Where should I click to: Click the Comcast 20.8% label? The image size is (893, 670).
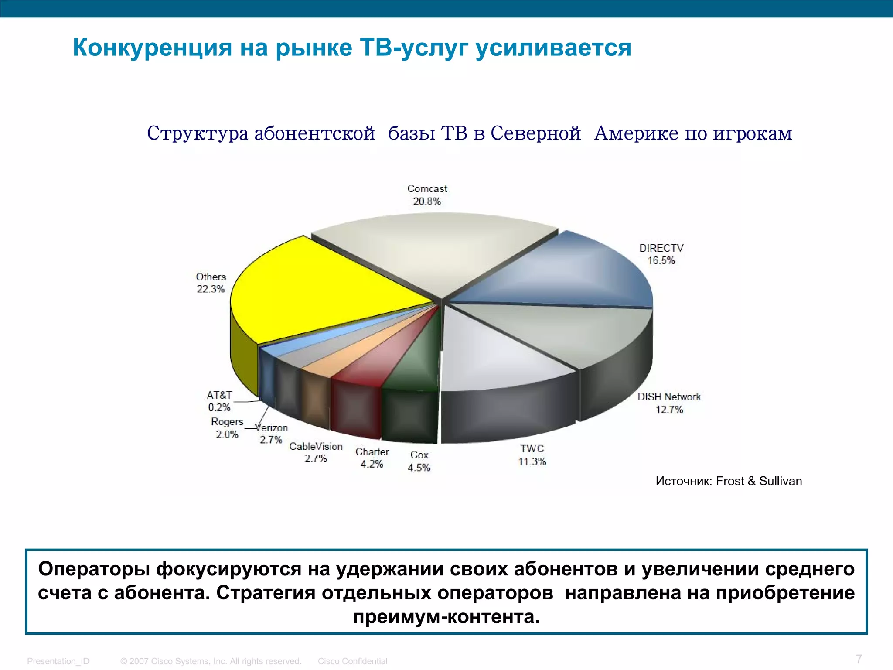click(x=427, y=195)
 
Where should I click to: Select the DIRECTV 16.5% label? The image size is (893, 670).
click(x=661, y=254)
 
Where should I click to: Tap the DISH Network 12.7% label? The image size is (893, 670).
click(x=669, y=403)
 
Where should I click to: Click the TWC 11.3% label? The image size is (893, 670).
click(x=532, y=455)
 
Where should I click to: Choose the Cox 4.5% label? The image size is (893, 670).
click(x=419, y=461)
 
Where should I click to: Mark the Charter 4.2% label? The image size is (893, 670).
click(x=372, y=458)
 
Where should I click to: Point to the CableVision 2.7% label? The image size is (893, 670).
click(x=316, y=452)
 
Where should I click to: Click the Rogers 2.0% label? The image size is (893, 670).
click(x=227, y=428)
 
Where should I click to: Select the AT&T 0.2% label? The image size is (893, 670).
click(x=219, y=401)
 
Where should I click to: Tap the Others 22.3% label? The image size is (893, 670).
click(x=211, y=283)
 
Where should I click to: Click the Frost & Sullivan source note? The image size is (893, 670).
click(x=729, y=481)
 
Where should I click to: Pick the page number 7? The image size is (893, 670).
click(x=859, y=659)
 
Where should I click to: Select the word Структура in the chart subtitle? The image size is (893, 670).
click(x=198, y=133)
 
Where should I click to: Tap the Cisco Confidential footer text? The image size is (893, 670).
click(x=352, y=661)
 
